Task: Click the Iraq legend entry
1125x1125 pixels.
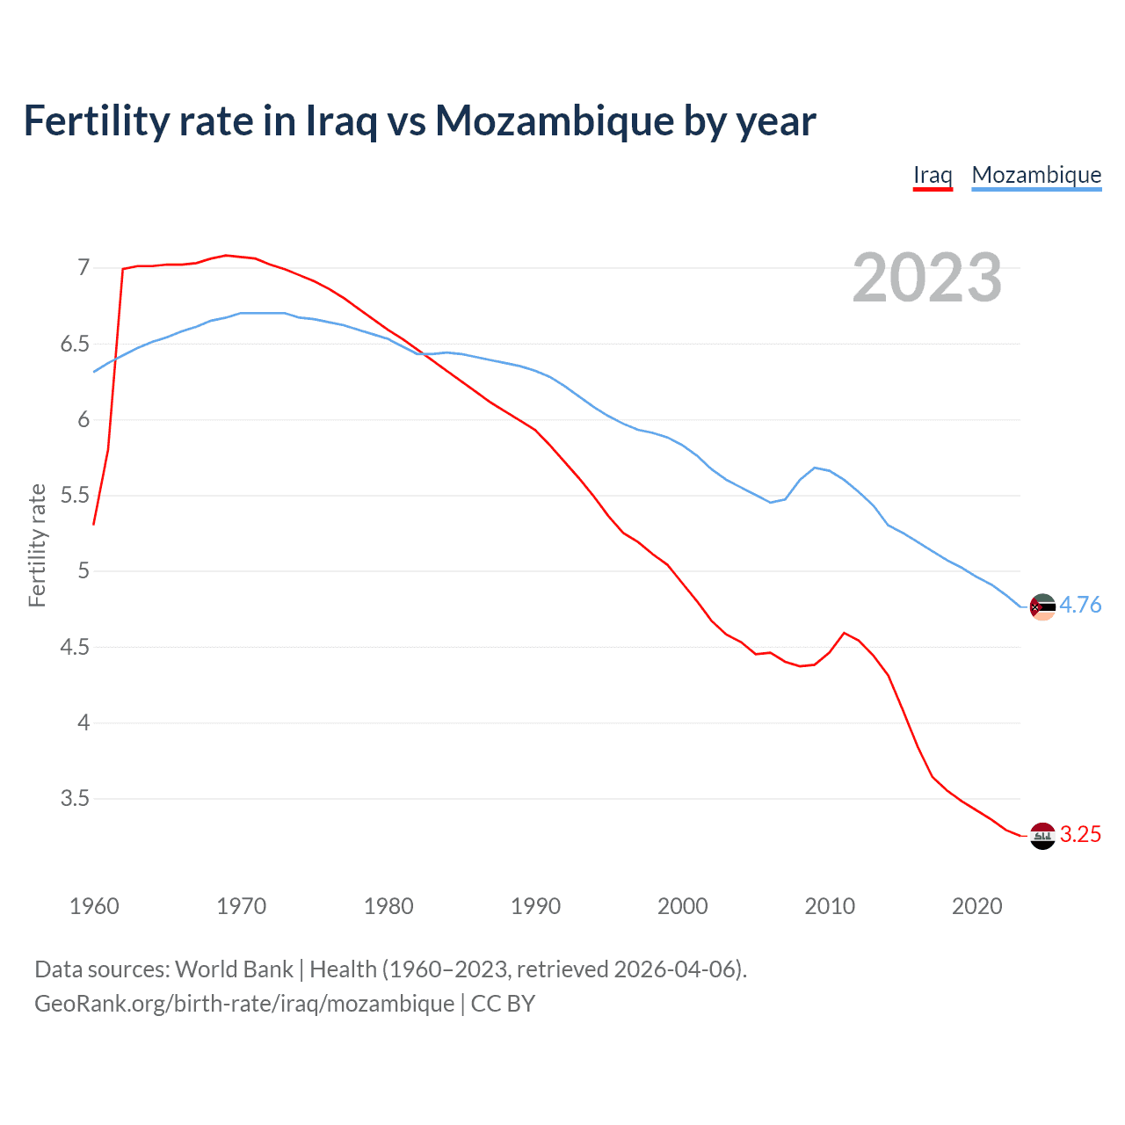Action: tap(933, 176)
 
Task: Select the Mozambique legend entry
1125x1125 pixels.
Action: tap(1036, 176)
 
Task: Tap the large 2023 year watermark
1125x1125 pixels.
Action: tap(927, 278)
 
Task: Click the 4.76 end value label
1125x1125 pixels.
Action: tap(1080, 605)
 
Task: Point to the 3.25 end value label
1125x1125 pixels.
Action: tap(1080, 834)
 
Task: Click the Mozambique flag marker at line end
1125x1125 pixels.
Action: tap(1042, 606)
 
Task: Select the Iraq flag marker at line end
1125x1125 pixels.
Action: tap(1042, 836)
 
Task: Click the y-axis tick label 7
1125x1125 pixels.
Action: tap(83, 267)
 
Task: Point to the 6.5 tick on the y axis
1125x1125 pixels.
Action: tap(75, 344)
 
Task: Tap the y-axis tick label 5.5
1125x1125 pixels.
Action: tap(75, 496)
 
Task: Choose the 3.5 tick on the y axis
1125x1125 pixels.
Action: tap(75, 799)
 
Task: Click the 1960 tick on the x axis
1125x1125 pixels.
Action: tap(94, 906)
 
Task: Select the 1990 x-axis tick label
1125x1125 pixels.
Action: tap(535, 906)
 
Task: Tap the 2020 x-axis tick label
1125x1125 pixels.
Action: tap(976, 906)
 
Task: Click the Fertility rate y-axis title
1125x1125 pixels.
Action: tap(37, 545)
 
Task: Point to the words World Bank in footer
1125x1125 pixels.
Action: tap(234, 969)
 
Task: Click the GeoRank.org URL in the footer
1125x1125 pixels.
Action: tap(244, 1004)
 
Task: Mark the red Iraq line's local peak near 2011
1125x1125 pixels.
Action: tap(844, 633)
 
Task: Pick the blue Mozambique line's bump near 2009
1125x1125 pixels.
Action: tap(815, 468)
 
